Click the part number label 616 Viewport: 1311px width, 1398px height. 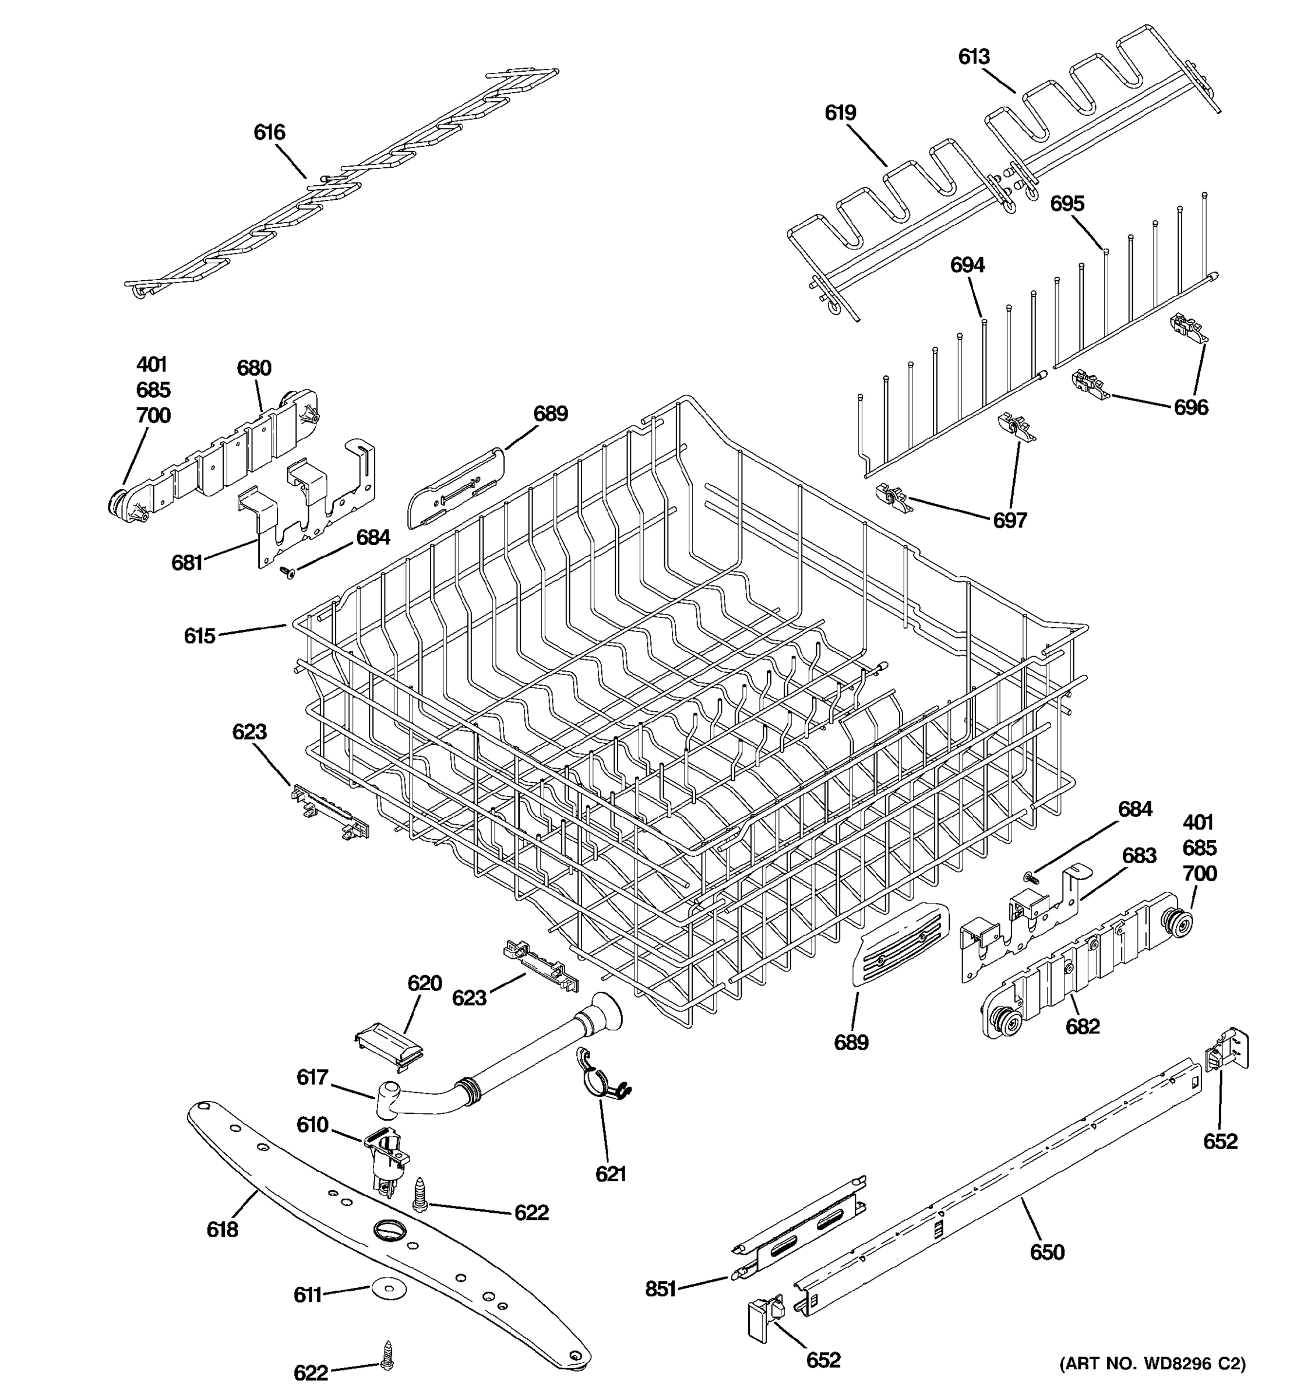(269, 132)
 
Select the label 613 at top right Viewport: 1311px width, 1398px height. (974, 57)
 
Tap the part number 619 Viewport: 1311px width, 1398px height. (840, 112)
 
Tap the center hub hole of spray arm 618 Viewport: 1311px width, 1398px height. (387, 1229)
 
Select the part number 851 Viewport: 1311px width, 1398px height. (660, 1288)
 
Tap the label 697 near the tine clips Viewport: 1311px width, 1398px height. (1009, 520)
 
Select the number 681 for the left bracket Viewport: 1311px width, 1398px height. (187, 562)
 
